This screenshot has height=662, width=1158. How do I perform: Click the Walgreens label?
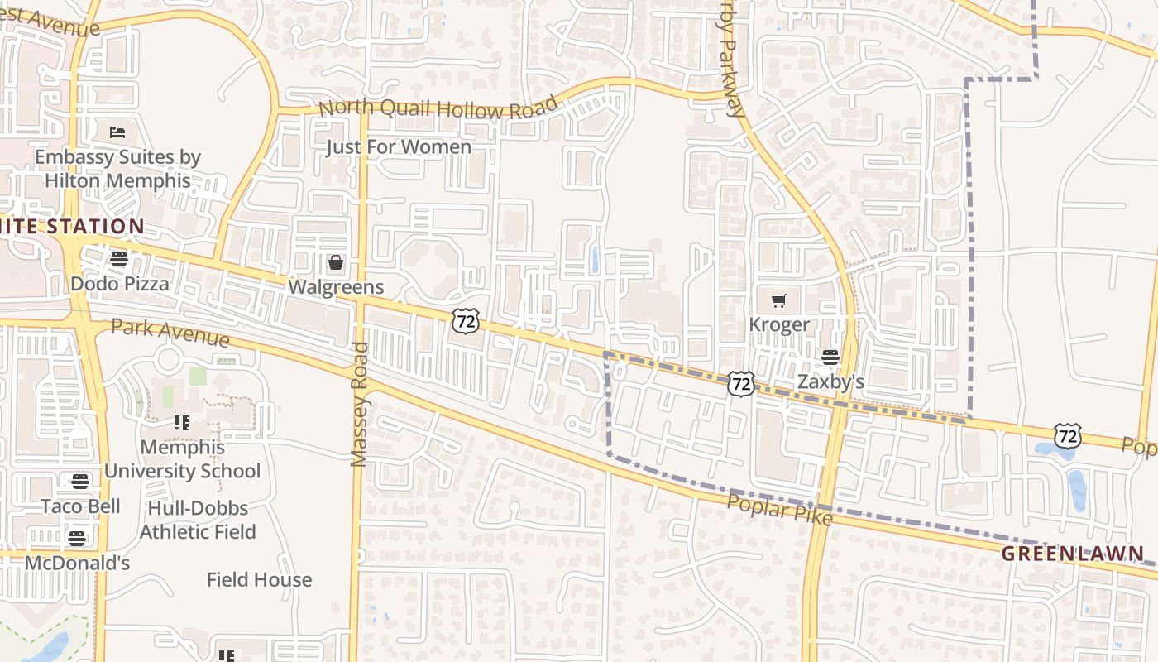tap(336, 287)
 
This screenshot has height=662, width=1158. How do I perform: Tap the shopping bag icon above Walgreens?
tap(336, 264)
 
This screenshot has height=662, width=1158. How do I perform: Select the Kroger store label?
tap(779, 324)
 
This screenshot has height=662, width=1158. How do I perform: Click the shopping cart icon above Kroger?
tap(779, 300)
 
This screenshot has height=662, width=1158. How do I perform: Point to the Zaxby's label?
tap(830, 381)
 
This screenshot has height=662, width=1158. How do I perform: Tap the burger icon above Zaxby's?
tap(830, 357)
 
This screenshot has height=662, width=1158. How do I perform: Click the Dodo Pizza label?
tap(120, 284)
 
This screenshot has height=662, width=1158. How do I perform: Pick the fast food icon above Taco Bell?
tap(80, 482)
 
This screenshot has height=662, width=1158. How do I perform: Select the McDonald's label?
tap(78, 564)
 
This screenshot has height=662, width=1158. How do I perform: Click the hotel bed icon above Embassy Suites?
tap(117, 132)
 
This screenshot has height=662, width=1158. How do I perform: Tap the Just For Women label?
tap(399, 147)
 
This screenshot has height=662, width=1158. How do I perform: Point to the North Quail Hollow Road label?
tap(438, 108)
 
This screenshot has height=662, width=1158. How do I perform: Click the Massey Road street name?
tap(359, 405)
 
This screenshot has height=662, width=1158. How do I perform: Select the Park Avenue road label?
tap(170, 333)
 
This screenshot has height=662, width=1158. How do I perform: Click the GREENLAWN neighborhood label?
tap(1074, 554)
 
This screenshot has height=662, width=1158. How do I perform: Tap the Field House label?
tap(259, 580)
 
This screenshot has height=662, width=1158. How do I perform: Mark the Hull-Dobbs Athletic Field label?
tap(198, 520)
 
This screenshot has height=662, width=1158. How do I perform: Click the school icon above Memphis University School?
tap(183, 423)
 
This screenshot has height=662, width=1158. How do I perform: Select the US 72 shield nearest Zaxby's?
tap(741, 382)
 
